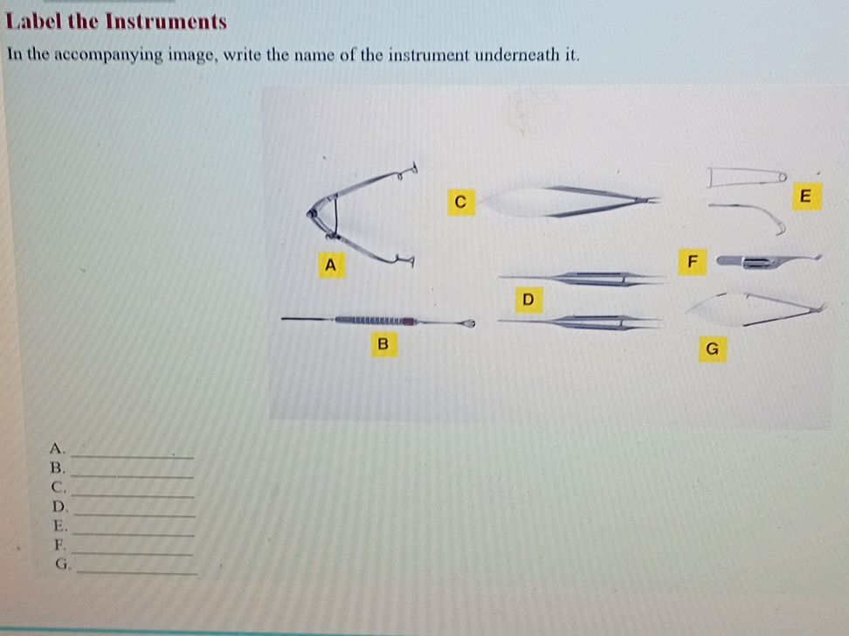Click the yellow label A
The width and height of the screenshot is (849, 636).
(x=331, y=265)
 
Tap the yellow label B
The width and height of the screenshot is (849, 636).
(x=384, y=343)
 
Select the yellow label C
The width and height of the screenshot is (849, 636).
(x=461, y=202)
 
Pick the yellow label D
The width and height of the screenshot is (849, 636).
(x=528, y=299)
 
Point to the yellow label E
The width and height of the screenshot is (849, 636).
(x=806, y=196)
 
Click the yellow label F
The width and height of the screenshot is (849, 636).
(x=692, y=262)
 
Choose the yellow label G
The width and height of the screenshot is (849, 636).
(x=713, y=349)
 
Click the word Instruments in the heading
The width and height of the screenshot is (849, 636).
(x=166, y=21)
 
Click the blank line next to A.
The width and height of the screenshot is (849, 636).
(x=133, y=457)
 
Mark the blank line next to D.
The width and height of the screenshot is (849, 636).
(x=135, y=515)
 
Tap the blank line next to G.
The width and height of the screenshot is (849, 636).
(x=137, y=572)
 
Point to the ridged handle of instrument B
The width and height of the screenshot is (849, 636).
(x=376, y=321)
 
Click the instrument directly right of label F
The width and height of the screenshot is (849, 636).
(x=769, y=262)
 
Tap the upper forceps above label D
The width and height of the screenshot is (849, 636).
(x=582, y=279)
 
